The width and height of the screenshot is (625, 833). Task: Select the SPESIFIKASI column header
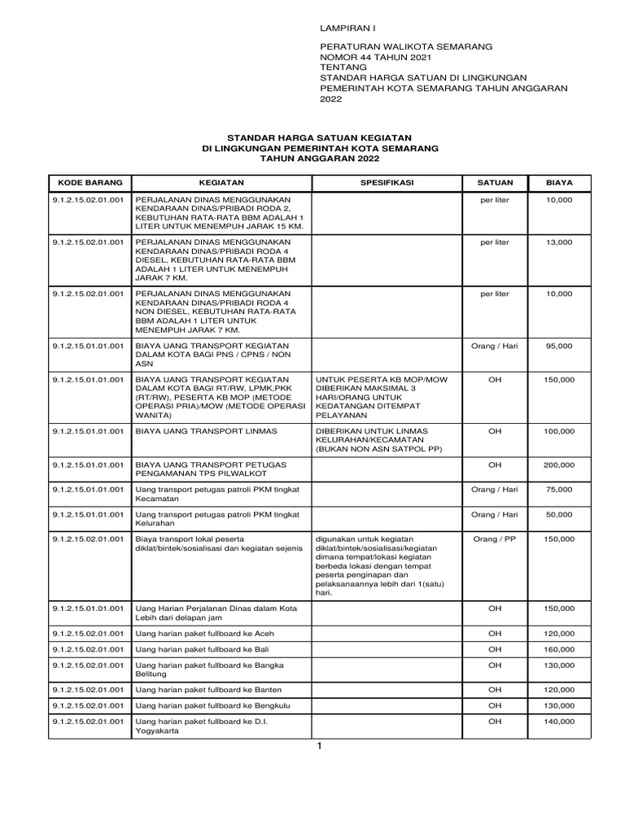coord(387,183)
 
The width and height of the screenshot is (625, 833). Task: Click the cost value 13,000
coord(559,242)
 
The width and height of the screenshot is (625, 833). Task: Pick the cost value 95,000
coord(559,346)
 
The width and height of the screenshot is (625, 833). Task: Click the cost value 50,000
coord(559,514)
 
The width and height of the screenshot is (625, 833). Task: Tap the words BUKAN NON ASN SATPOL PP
coord(378,448)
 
